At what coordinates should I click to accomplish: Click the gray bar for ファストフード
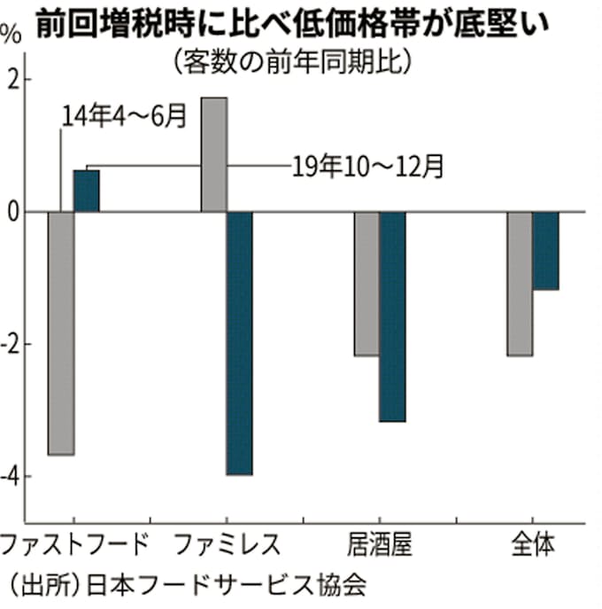click(60, 333)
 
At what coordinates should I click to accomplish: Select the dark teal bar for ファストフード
click(86, 191)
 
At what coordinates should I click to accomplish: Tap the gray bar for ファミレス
click(214, 154)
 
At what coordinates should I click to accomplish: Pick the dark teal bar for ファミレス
click(239, 344)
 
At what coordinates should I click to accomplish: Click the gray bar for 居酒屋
click(367, 284)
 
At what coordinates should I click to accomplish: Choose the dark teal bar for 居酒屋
click(392, 316)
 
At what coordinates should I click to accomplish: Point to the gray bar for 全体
click(520, 284)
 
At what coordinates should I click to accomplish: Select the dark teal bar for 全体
click(545, 251)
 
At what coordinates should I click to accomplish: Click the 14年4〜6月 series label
click(125, 116)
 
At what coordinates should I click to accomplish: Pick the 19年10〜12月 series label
click(368, 165)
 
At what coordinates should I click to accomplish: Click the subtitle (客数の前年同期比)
click(293, 62)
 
